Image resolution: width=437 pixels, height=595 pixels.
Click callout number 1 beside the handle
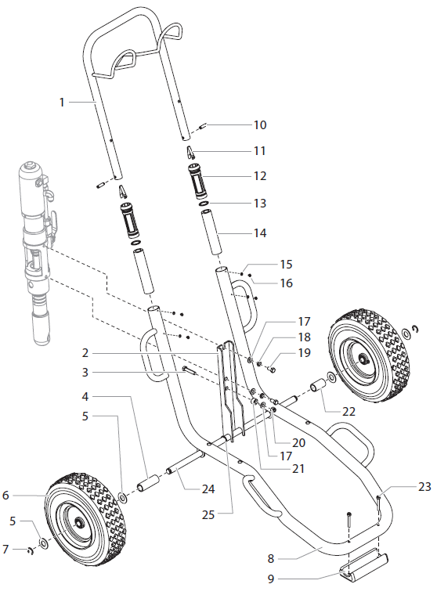(x=62, y=101)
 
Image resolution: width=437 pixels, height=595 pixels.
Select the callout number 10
(x=259, y=124)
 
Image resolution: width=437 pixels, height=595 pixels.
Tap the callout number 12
(x=259, y=175)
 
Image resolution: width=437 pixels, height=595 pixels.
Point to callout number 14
(x=259, y=233)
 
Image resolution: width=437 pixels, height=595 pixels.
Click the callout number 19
(x=303, y=352)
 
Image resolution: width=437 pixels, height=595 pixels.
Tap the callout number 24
(x=207, y=489)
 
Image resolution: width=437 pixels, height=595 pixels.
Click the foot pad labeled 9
(x=362, y=565)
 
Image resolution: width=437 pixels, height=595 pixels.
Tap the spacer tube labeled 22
(x=319, y=387)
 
